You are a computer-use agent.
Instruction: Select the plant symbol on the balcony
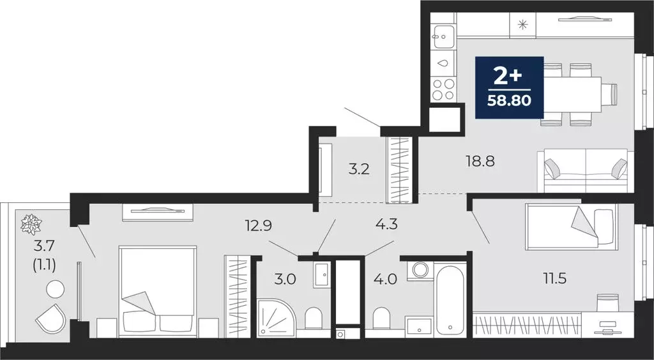30,223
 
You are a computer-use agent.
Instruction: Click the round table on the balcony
55,289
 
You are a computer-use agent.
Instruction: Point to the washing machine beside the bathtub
420,269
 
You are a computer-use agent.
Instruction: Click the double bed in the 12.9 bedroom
157,290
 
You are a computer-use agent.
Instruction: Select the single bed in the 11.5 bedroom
570,227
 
